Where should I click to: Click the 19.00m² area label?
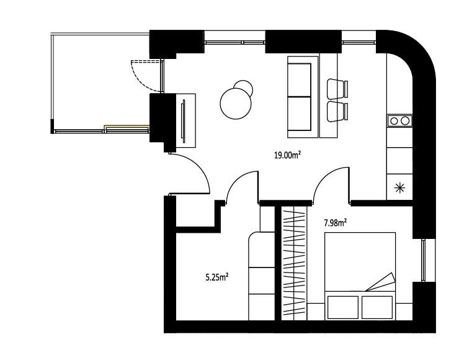tap(287, 155)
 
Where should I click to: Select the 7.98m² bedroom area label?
tap(335, 223)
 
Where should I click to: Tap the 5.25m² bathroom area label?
tap(216, 277)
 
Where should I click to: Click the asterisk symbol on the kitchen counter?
tap(400, 188)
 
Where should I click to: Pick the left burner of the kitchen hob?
tap(394, 121)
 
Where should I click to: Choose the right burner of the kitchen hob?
tap(405, 121)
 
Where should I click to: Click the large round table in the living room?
tap(236, 103)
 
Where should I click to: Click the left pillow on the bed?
tap(343, 307)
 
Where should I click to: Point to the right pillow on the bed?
tap(377, 307)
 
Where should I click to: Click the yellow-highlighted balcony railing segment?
tap(127, 127)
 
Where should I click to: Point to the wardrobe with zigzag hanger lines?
tap(294, 264)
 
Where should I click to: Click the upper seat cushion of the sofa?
tap(300, 80)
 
